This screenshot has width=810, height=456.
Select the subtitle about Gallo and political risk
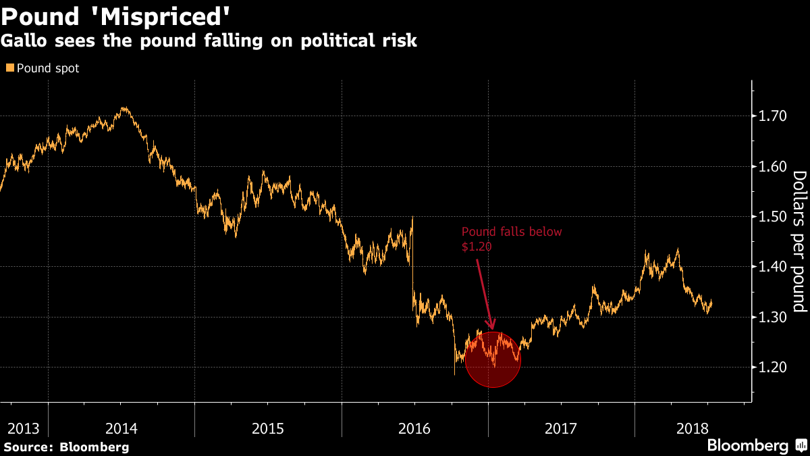[x=209, y=41]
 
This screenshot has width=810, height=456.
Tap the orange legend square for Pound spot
[x=9, y=68]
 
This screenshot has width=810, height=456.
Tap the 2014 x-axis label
[x=122, y=428]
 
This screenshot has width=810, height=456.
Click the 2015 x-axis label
[x=268, y=428]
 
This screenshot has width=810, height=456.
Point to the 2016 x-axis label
[x=414, y=428]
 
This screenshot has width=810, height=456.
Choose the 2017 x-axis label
[x=561, y=428]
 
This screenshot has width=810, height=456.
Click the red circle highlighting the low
[x=493, y=359]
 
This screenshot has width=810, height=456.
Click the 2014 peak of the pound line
[x=124, y=107]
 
